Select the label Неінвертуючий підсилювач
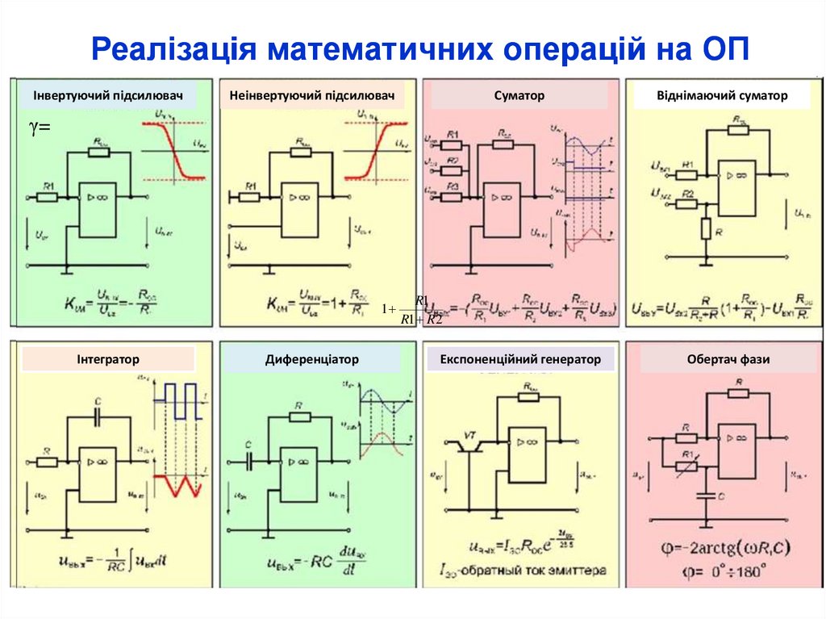[311, 96]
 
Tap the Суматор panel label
[519, 96]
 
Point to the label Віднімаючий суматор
[721, 96]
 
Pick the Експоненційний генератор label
[520, 359]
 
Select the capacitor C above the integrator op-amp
[98, 416]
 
